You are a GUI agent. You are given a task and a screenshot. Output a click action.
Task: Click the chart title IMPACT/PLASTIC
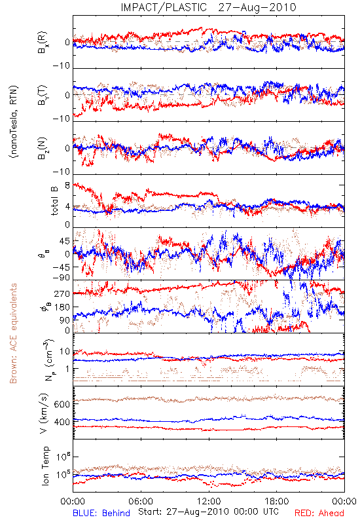coord(164,7)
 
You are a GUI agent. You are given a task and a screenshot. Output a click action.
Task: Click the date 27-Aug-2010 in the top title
coord(257,7)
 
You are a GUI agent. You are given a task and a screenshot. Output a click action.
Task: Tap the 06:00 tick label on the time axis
coord(141,501)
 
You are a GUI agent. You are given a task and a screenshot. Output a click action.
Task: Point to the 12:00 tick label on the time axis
coord(209,501)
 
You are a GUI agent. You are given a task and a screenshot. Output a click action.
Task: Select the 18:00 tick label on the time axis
coord(277,501)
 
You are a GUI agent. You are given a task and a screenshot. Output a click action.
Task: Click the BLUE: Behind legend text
coord(101,513)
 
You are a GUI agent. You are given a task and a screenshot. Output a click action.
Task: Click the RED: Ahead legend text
coord(319,513)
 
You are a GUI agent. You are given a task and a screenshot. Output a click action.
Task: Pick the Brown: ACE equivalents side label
coord(13,333)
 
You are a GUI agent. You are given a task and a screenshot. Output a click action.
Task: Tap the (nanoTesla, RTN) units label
coord(14,122)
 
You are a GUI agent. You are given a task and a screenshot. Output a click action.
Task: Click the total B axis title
coord(54,200)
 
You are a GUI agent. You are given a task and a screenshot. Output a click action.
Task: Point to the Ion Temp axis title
coord(45,466)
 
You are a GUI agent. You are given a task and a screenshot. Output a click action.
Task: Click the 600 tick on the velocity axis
coord(62,404)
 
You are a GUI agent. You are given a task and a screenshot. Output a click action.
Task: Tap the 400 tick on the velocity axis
coord(62,422)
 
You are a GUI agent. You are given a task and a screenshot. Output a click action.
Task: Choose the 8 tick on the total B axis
coord(67,185)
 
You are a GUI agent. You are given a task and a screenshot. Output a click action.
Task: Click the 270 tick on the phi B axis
coord(62,293)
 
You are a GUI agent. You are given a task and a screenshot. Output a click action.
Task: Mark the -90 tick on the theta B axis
coord(62,278)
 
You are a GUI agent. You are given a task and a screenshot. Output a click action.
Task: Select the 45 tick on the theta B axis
coord(65,241)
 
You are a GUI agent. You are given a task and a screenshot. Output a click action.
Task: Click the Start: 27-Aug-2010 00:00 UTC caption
coord(209,512)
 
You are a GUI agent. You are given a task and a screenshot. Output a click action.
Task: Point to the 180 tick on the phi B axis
coord(62,307)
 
